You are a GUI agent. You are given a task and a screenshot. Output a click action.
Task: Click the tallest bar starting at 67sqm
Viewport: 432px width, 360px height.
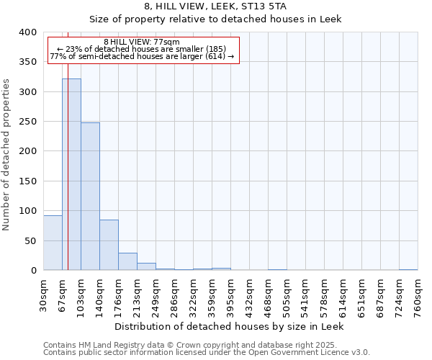click(71, 174)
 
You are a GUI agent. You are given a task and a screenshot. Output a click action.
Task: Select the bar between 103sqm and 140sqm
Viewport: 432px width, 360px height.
click(90, 197)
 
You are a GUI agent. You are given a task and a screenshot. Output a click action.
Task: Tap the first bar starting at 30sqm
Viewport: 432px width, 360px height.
click(53, 243)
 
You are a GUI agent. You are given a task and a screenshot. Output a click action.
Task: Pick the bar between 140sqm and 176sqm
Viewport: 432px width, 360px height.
click(109, 245)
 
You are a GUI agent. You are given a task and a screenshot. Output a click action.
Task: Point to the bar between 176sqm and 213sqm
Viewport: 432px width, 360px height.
click(127, 261)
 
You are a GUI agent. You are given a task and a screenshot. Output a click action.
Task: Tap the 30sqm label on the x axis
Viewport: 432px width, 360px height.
click(44, 293)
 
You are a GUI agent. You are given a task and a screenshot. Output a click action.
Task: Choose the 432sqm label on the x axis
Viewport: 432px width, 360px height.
click(250, 294)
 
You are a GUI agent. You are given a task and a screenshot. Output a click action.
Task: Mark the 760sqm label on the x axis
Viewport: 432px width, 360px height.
click(418, 294)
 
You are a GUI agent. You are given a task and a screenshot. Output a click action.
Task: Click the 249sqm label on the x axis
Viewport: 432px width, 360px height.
click(156, 294)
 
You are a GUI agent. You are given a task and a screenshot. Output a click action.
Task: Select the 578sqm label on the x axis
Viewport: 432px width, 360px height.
click(325, 294)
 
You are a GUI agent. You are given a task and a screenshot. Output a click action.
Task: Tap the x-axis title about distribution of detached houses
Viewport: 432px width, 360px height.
click(230, 326)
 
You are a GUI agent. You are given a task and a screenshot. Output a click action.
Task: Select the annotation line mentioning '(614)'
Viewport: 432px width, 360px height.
click(142, 56)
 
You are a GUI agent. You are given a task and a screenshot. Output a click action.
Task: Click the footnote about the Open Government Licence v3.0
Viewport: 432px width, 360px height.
click(207, 353)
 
